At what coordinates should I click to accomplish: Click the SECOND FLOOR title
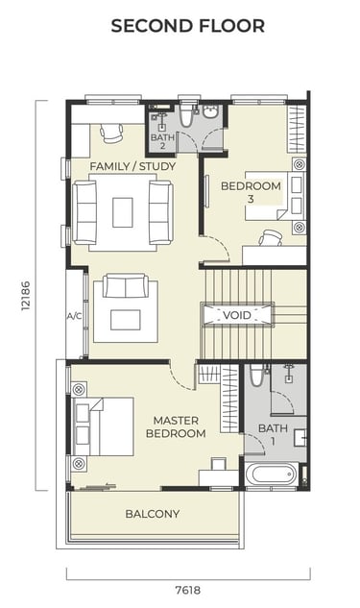point(188,26)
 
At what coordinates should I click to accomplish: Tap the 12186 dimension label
point(26,296)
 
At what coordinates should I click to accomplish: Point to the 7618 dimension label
point(188,590)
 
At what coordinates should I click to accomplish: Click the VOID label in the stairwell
point(237,315)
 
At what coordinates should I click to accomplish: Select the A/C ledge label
point(75,316)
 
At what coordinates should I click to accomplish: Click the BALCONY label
point(153,514)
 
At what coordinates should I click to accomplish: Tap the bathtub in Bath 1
point(270,474)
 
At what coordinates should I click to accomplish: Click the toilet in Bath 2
point(187,114)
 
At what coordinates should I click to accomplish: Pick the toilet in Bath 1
point(256,375)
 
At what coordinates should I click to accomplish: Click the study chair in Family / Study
point(111,133)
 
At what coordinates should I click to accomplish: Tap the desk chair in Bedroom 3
point(271,237)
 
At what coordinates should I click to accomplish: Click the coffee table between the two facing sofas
point(123,212)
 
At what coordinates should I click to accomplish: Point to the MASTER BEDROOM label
point(176,426)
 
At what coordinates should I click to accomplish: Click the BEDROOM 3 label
point(251,192)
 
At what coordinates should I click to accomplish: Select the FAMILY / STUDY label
point(132,166)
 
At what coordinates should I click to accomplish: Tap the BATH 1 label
point(273,434)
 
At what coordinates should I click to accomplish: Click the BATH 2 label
point(162,141)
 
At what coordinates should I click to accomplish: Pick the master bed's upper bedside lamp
point(79,389)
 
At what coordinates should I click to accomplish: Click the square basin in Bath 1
point(300,437)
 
